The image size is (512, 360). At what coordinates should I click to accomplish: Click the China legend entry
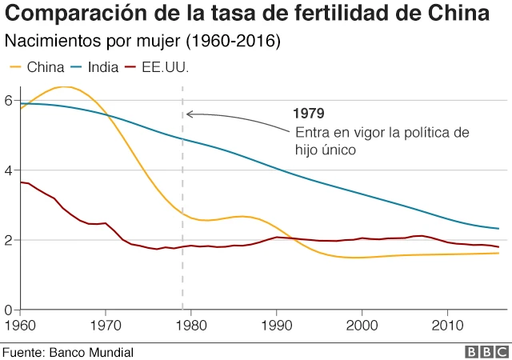coord(37,67)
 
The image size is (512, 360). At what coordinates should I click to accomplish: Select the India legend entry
coord(92,67)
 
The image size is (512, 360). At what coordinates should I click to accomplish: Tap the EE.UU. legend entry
coord(155,67)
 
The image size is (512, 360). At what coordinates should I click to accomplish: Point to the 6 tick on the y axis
coord(7,101)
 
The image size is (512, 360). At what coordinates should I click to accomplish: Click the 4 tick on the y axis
coord(7,170)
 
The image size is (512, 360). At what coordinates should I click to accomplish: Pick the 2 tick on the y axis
coord(7,240)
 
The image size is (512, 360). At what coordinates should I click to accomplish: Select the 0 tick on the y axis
coord(7,310)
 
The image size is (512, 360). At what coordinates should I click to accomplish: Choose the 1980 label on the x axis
coord(190,326)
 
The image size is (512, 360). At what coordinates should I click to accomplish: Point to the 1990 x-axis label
coord(276,326)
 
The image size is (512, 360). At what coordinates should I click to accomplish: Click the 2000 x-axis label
coord(362,326)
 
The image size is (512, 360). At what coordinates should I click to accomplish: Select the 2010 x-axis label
coord(449,326)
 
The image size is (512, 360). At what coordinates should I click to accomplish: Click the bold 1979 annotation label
coord(308,113)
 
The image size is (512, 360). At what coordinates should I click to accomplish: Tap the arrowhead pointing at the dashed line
coord(189,114)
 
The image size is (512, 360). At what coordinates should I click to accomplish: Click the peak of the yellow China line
coord(64,86)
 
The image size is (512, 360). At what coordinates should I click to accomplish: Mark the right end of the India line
coord(498,229)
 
